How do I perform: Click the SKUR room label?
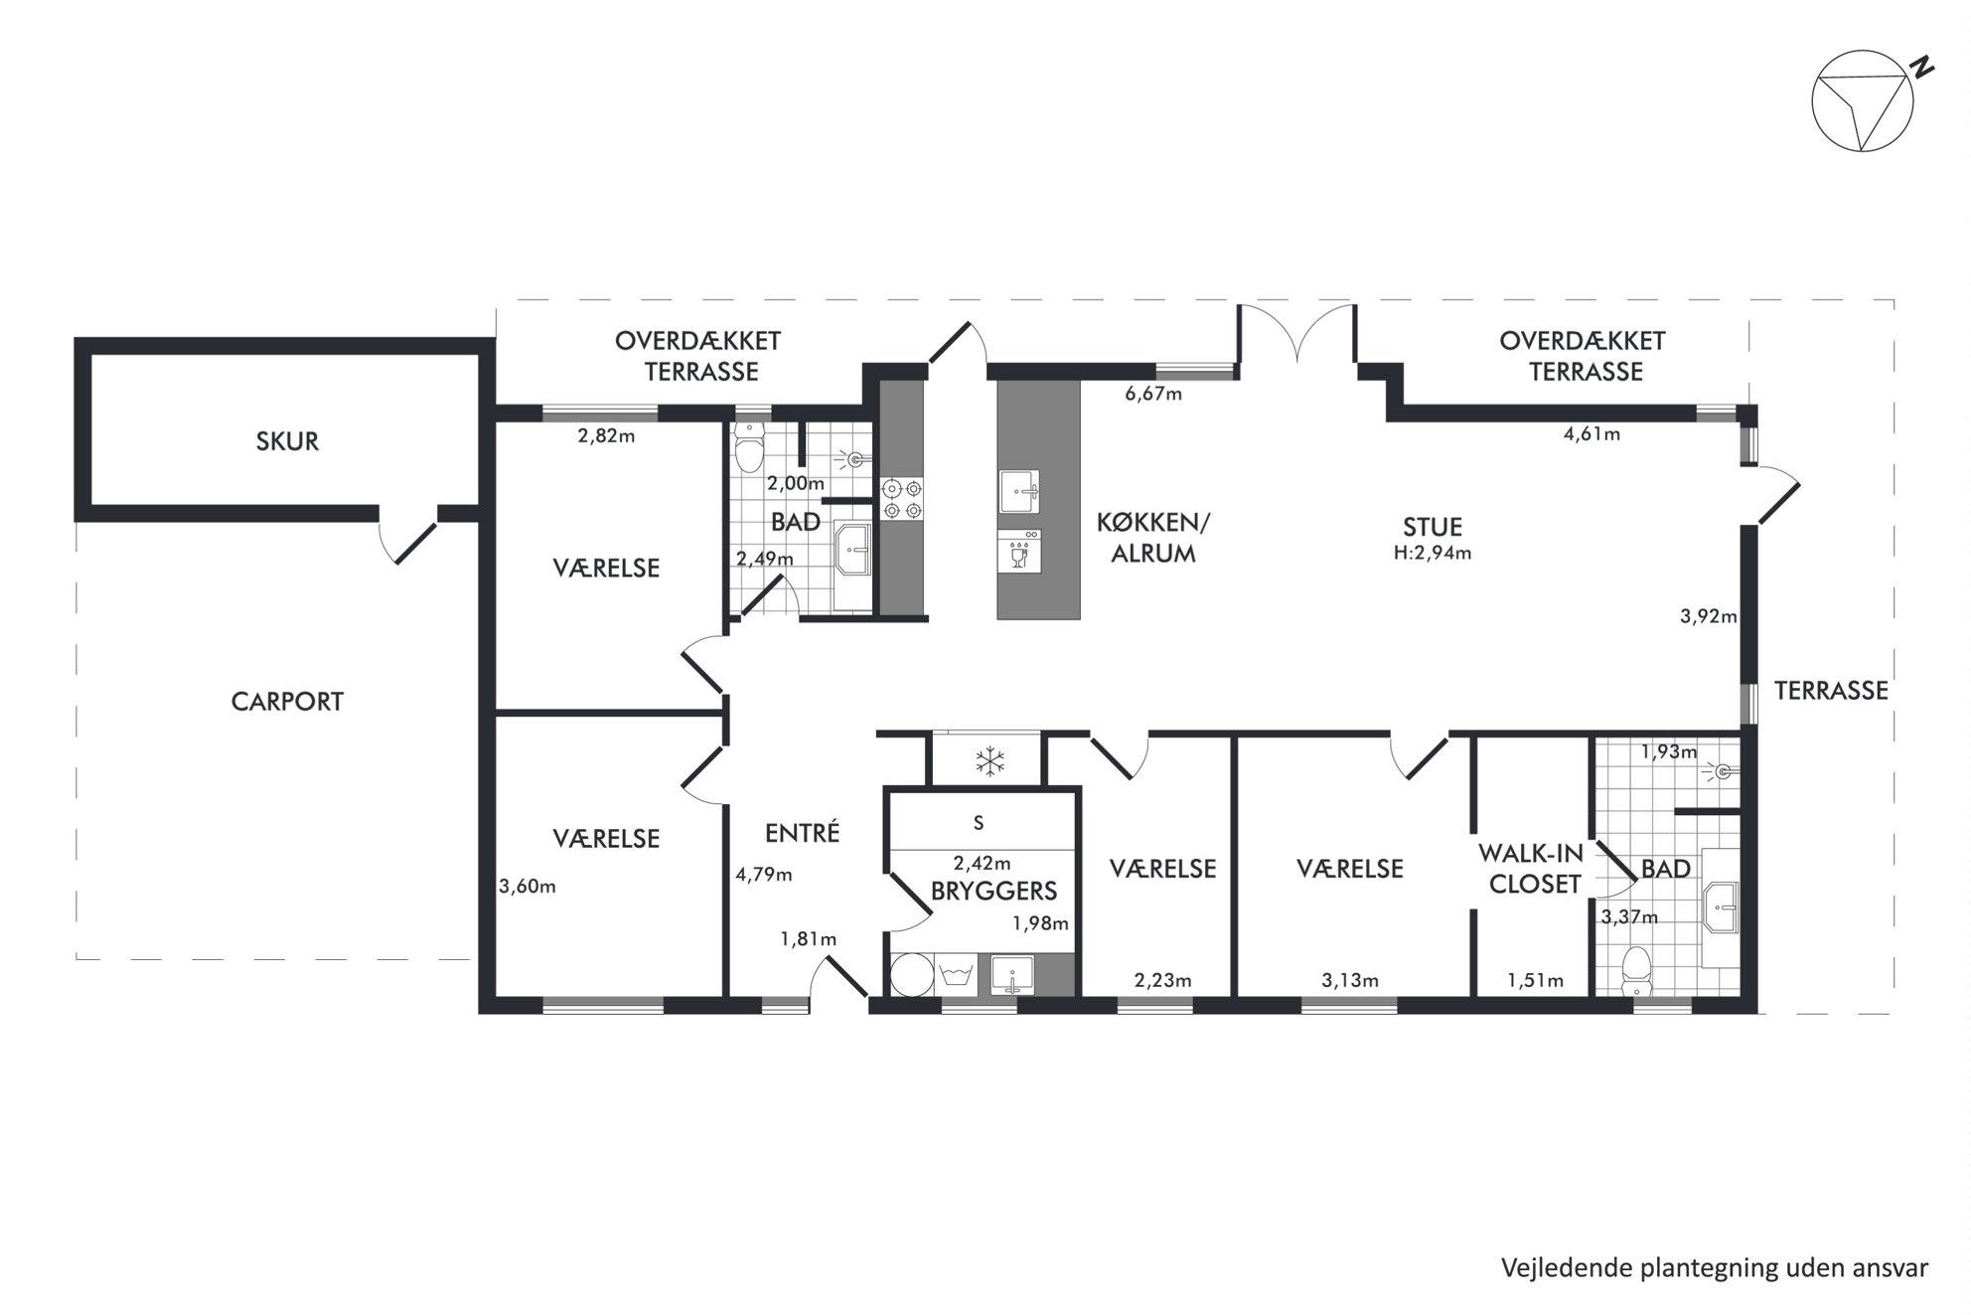287,441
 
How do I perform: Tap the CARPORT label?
287,702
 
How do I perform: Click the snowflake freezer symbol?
988,762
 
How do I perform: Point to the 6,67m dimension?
1153,394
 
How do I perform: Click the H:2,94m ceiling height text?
1433,553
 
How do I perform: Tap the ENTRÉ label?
803,832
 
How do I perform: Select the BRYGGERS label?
993,891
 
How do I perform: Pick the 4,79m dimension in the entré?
763,875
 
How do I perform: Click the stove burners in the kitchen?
902,499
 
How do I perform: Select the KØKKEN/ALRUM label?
1152,538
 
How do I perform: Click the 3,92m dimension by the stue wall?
1709,616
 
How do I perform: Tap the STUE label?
1433,527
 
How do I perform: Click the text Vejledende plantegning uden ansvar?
1715,1268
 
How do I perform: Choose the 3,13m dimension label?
1349,981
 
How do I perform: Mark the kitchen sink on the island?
1019,492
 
